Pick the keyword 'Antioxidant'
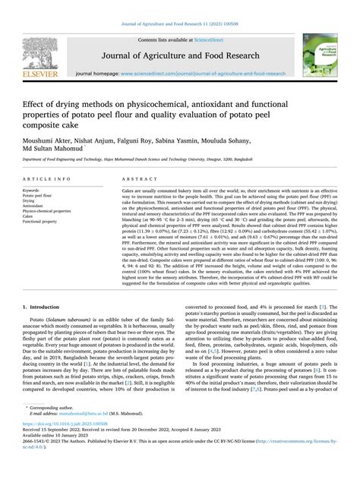(34, 205)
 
